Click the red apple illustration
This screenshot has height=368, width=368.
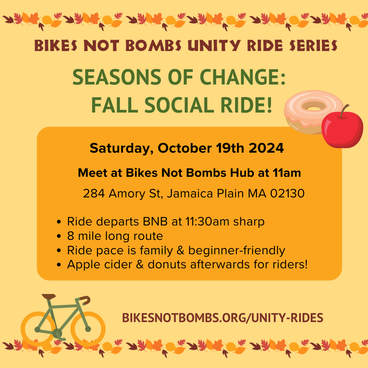342,130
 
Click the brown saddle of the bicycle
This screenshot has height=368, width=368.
49,296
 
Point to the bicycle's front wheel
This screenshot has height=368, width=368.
88,329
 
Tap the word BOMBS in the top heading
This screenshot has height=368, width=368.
153,46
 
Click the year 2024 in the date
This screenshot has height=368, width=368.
266,148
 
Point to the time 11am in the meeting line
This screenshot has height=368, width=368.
287,173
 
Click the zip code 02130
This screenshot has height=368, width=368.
287,194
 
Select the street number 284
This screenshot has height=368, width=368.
94,194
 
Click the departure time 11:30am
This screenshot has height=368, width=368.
207,222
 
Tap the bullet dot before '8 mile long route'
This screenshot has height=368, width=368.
59,236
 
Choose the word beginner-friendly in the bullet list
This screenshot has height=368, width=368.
237,250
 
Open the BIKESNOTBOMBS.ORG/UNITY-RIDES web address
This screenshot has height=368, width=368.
222,318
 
